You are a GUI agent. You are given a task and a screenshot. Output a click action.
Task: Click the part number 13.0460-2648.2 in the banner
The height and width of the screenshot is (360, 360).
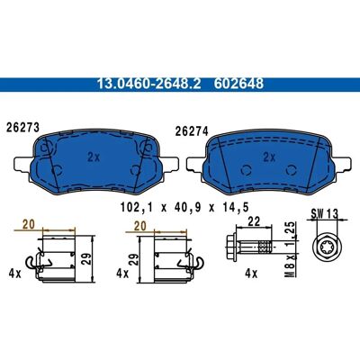[148, 84]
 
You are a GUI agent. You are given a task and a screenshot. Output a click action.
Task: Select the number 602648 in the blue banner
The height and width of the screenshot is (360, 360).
[238, 84]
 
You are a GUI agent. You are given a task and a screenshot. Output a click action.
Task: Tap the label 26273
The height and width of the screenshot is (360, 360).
[23, 128]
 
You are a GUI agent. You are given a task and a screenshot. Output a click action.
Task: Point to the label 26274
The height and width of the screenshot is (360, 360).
[192, 131]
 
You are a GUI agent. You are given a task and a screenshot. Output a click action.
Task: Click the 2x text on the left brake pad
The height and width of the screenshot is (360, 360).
[94, 157]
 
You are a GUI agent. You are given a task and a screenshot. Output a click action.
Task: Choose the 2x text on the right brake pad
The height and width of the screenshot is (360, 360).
[269, 157]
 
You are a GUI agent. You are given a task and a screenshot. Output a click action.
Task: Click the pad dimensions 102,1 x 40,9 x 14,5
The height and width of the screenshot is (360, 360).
[184, 207]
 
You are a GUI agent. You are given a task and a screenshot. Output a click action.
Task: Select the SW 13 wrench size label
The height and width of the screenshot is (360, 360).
[324, 214]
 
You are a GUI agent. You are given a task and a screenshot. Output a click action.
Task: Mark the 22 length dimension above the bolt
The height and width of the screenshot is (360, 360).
[253, 221]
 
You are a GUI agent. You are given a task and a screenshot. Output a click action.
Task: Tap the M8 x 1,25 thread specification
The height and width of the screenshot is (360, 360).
[291, 249]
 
